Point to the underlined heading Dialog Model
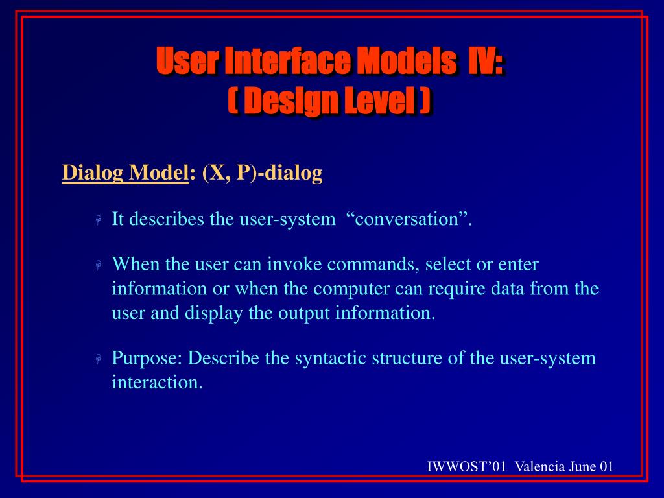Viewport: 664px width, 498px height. pos(125,172)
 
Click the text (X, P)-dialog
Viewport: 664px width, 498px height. pos(263,172)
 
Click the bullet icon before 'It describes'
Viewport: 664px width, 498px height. pos(99,220)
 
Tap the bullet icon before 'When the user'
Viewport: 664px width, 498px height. pos(99,265)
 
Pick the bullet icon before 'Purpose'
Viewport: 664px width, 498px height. pos(99,359)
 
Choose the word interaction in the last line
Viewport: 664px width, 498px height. pos(157,383)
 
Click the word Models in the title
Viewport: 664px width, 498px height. pos(407,60)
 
